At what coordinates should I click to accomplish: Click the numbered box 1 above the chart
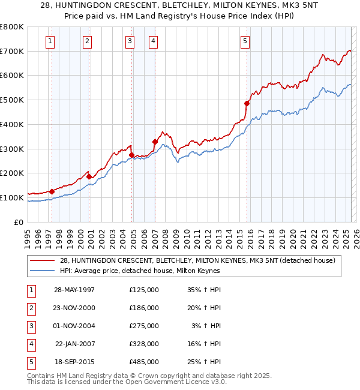point(49,41)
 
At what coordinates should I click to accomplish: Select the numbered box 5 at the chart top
point(245,41)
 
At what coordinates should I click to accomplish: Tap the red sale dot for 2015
point(247,103)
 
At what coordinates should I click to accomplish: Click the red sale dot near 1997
point(52,191)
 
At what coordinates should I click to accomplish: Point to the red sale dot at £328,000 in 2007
point(155,142)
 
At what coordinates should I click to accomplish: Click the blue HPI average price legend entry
point(139,271)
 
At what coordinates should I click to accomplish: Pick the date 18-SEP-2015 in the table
point(74,362)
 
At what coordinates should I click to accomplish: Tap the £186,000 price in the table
point(144,308)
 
